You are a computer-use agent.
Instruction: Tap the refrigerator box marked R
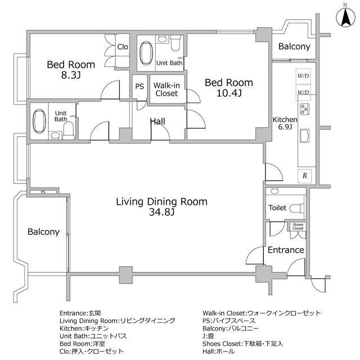tap(304, 176)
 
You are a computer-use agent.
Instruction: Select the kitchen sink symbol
tap(304, 136)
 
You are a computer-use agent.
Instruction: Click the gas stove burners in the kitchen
tap(304, 109)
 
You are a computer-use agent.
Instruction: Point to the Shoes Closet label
tap(298, 226)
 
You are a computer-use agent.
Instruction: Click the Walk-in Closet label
tap(166, 89)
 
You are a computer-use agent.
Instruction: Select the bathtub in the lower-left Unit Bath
tap(39, 121)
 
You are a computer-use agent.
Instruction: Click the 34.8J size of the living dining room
tap(162, 212)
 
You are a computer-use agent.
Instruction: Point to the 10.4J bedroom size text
tap(229, 93)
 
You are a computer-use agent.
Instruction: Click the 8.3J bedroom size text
tap(71, 75)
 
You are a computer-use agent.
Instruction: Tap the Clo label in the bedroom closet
tap(123, 47)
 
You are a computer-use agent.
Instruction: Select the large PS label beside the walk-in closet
tap(139, 86)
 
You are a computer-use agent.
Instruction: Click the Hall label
tap(157, 121)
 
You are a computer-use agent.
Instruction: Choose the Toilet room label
tap(277, 208)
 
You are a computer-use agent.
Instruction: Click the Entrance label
tap(286, 250)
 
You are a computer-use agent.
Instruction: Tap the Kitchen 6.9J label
tap(285, 123)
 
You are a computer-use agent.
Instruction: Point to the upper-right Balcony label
tap(294, 47)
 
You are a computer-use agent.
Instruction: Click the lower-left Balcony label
tap(43, 232)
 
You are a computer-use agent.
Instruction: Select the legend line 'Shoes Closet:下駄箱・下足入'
tap(242, 344)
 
